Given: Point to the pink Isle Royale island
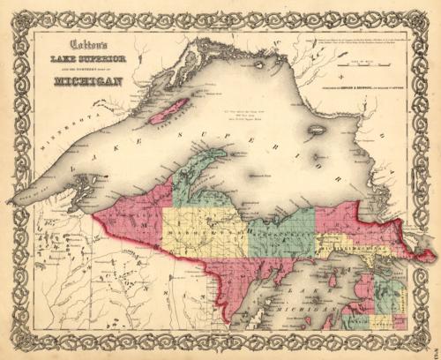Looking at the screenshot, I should [x=167, y=111].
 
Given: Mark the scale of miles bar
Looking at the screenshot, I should [x=358, y=64].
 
